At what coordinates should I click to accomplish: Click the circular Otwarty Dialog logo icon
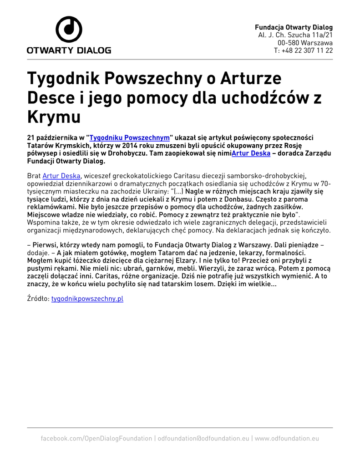[x=69, y=29]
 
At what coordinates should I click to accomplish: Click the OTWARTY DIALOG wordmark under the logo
[x=69, y=50]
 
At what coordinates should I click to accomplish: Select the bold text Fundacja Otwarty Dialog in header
[x=294, y=27]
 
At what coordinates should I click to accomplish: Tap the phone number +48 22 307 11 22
[x=304, y=51]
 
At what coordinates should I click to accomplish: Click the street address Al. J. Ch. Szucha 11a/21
[x=295, y=35]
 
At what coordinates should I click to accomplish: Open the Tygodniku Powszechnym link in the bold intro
[x=130, y=137]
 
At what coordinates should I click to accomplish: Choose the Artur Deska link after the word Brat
[x=61, y=176]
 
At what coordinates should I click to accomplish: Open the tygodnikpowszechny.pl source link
[x=87, y=299]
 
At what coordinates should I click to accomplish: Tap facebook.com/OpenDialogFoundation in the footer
[x=96, y=438]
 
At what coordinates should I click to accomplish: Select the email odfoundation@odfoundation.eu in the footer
[x=203, y=438]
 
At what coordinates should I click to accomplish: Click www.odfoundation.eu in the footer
[x=287, y=438]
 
